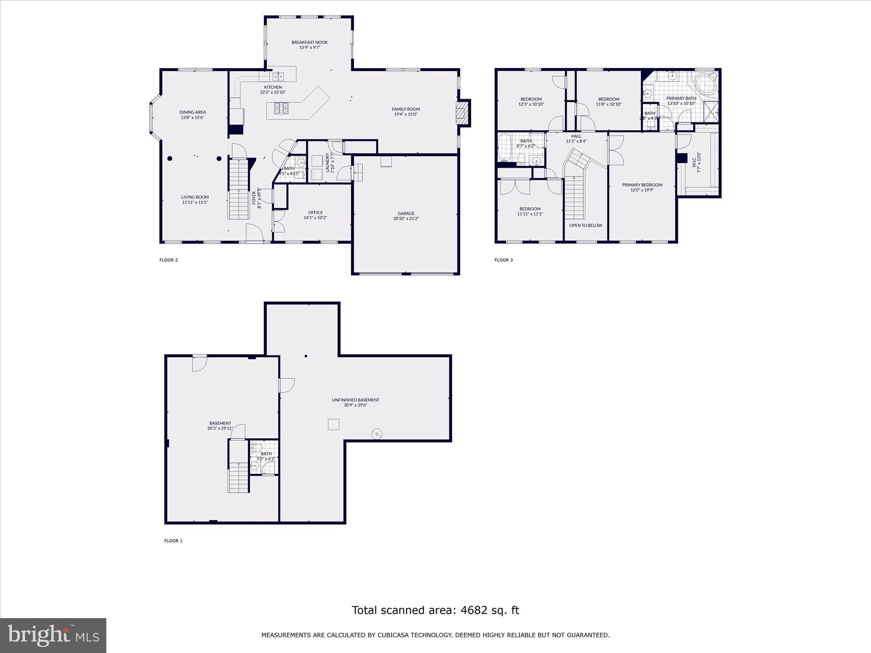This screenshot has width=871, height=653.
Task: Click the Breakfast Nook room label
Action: coord(309,43)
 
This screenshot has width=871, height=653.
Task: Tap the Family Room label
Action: coord(406,109)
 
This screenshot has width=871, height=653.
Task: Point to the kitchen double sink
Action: coord(278,77)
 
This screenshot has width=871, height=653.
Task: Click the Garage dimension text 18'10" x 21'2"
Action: coord(406,219)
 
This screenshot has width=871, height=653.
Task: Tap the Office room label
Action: coord(315,213)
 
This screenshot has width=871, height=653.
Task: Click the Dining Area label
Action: coord(192,112)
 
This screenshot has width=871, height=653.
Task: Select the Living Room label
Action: coord(195,197)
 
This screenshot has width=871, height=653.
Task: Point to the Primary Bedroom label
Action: coord(642,185)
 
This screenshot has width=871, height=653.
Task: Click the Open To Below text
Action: coord(586,225)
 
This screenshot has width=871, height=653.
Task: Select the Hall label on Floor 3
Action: coord(576,136)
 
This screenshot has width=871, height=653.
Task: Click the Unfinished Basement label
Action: coord(356,400)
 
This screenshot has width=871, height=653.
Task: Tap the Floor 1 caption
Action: coord(173,541)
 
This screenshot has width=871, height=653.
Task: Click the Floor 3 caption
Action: coord(504,260)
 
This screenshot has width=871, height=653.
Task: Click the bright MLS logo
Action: coord(53,635)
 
